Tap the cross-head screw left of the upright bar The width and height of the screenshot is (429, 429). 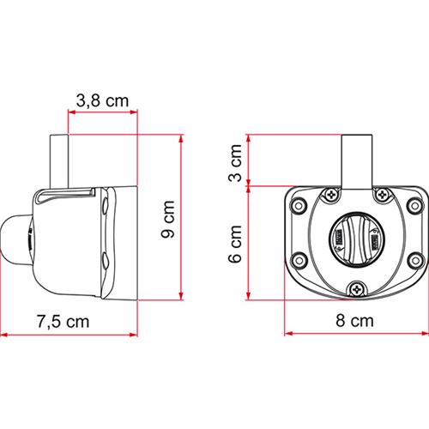328,197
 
